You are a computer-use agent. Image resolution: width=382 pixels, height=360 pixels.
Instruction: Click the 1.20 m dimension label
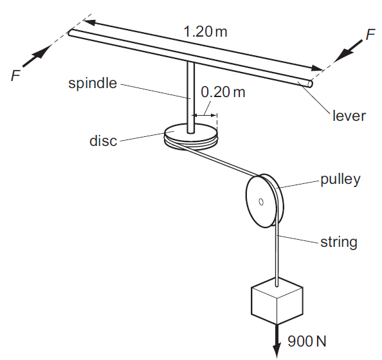[x=205, y=31]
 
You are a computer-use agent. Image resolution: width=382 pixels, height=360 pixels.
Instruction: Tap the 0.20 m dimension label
[x=223, y=92]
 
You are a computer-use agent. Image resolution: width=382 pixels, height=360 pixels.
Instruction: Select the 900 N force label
[x=306, y=340]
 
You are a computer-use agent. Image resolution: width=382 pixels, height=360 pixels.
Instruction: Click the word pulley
[x=340, y=179]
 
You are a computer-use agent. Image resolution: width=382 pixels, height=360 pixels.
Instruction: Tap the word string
[x=339, y=242]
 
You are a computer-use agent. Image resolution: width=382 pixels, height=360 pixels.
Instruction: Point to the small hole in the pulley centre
[x=260, y=203]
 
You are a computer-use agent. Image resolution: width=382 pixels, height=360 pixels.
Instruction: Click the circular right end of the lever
[x=309, y=83]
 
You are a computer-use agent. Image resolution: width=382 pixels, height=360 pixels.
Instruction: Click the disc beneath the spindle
[x=190, y=138]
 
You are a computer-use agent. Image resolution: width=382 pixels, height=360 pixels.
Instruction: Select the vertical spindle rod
[x=191, y=96]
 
